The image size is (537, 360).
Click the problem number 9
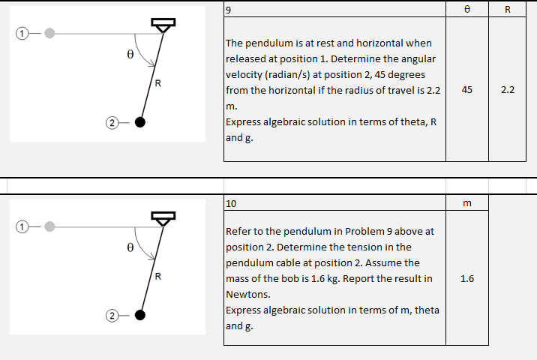[x=229, y=10]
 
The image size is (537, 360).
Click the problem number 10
[x=231, y=203]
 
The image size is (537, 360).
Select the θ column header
[x=467, y=10]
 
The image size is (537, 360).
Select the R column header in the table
[x=508, y=10]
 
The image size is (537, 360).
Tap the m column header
[x=467, y=203]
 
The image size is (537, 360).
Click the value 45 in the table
[x=467, y=89]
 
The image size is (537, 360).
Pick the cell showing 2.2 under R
[x=508, y=89]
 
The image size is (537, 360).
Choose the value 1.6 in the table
[x=467, y=278]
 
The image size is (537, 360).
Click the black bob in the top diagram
[x=139, y=122]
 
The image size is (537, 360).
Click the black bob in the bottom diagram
[x=139, y=315]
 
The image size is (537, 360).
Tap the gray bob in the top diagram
[x=49, y=33]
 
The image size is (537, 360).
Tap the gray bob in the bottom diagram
[x=49, y=226]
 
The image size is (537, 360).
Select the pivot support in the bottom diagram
[x=163, y=218]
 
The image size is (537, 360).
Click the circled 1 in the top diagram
[x=23, y=33]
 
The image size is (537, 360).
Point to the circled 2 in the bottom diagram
[x=111, y=315]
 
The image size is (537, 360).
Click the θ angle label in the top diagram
[x=129, y=54]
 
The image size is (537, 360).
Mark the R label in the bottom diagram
[x=157, y=275]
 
